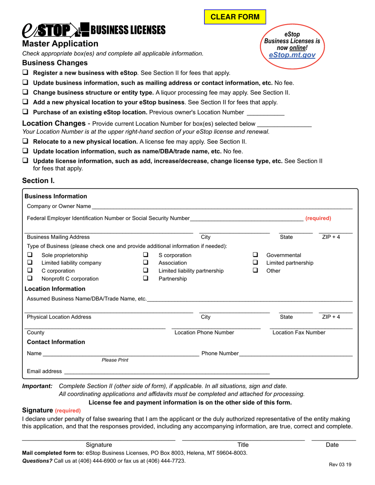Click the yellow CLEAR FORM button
pyautogui.click(x=235, y=17)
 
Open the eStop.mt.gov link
pyautogui.click(x=292, y=55)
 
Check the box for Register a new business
pyautogui.click(x=25, y=73)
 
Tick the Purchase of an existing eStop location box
pyautogui.click(x=25, y=112)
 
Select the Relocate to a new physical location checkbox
pyautogui.click(x=25, y=141)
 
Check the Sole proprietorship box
pyautogui.click(x=29, y=255)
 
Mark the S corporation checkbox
pyautogui.click(x=146, y=255)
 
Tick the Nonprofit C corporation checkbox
pyautogui.click(x=29, y=279)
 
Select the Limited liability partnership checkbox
pyautogui.click(x=146, y=271)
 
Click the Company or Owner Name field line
pyautogui.click(x=221, y=207)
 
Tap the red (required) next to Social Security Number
pyautogui.click(x=318, y=218)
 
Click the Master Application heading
pyautogui.click(x=60, y=44)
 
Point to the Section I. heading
pyautogui.click(x=38, y=181)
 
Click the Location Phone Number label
pyautogui.click(x=204, y=333)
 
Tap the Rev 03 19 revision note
pyautogui.click(x=340, y=464)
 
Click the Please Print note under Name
pyautogui.click(x=115, y=360)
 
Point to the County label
pyautogui.click(x=36, y=333)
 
